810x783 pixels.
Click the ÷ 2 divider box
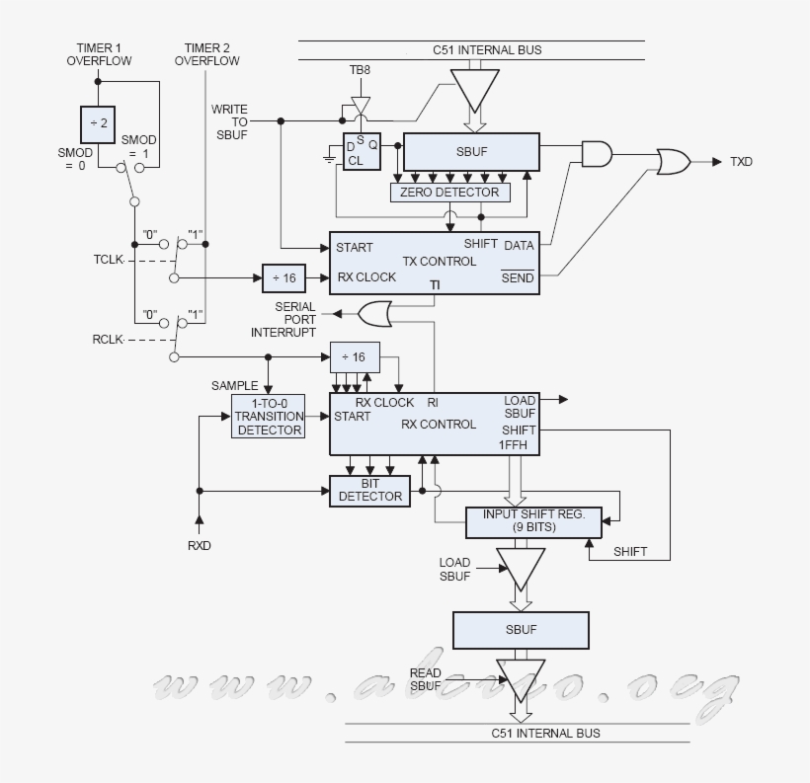pyautogui.click(x=98, y=124)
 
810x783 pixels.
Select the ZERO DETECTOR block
pyautogui.click(x=450, y=192)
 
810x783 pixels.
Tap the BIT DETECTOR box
pyautogui.click(x=369, y=491)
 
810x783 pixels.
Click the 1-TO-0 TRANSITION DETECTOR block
pyautogui.click(x=269, y=417)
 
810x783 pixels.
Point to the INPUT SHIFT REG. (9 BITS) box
pyautogui.click(x=533, y=521)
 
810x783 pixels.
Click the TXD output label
pyautogui.click(x=741, y=161)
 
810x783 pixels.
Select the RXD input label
pyautogui.click(x=200, y=545)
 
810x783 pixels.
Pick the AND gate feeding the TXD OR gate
pyautogui.click(x=597, y=153)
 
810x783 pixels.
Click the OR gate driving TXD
pyautogui.click(x=674, y=161)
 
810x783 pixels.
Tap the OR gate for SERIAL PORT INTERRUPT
pyautogui.click(x=374, y=315)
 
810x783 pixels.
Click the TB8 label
pyautogui.click(x=360, y=71)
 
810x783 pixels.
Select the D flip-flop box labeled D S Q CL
pyautogui.click(x=362, y=152)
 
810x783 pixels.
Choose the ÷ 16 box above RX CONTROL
pyautogui.click(x=353, y=356)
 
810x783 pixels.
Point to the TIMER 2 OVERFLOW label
pyautogui.click(x=206, y=54)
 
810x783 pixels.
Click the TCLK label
pyautogui.click(x=111, y=261)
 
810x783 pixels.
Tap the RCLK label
pyautogui.click(x=109, y=339)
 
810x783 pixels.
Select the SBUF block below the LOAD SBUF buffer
pyautogui.click(x=521, y=629)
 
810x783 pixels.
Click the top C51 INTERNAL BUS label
pyautogui.click(x=487, y=49)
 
